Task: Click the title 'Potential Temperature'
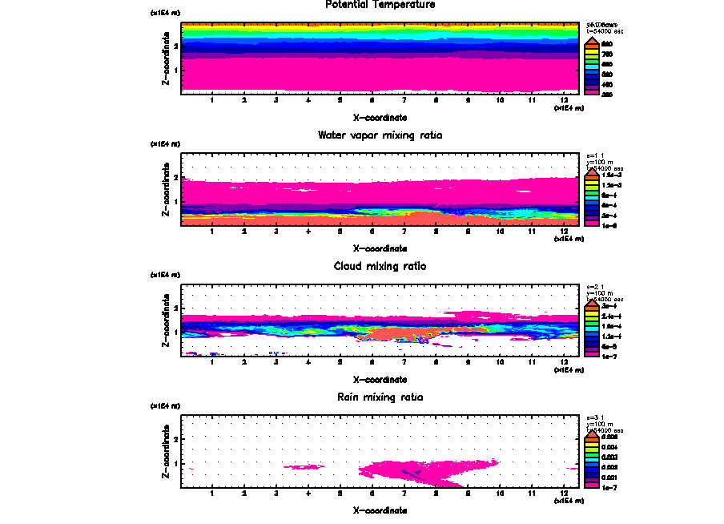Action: coord(380,5)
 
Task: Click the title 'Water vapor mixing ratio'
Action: coord(380,135)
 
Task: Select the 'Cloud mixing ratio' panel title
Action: coord(380,266)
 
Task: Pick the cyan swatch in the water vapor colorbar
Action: coord(595,195)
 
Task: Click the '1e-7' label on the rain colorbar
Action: coord(609,487)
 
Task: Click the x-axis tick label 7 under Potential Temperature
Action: coord(404,100)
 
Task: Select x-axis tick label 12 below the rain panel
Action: coord(565,493)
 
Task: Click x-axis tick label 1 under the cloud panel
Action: coord(212,362)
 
